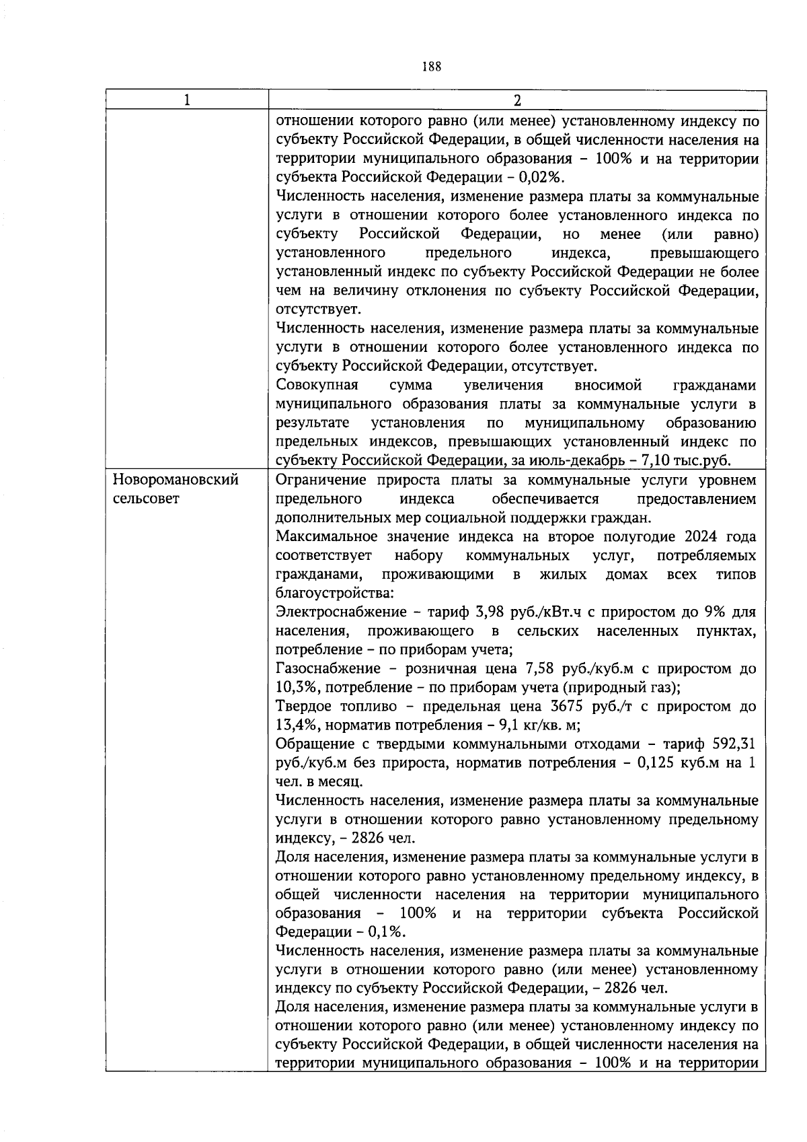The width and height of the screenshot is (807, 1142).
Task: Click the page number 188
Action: point(432,66)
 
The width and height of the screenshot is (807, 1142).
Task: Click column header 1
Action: point(186,100)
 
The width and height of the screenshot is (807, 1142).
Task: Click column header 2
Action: point(516,100)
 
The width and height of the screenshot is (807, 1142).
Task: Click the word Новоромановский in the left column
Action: point(176,480)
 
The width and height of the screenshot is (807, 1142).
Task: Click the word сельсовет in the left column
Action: point(146,499)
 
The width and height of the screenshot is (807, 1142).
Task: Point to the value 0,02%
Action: point(545,178)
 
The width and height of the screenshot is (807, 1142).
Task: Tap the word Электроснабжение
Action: point(341,612)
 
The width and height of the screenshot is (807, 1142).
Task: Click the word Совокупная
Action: point(317,385)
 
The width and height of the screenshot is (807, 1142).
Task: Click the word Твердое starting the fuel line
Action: point(305,707)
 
